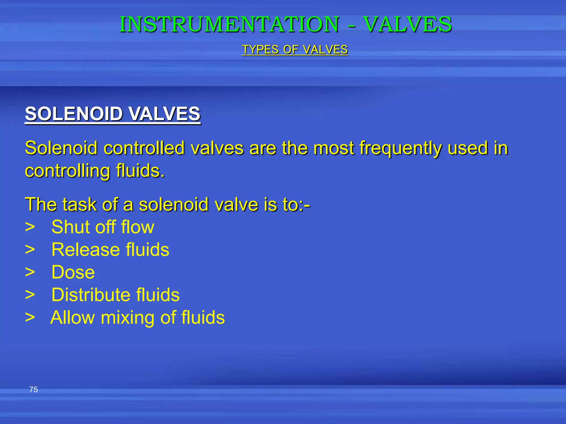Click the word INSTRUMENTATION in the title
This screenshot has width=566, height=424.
coord(229,24)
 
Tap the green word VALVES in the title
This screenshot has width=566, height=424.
coord(407,24)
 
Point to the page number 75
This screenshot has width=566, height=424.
coord(33,389)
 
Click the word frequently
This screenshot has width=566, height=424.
coord(400,148)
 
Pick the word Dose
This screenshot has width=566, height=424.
coord(73,272)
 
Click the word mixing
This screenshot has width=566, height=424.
coord(127,317)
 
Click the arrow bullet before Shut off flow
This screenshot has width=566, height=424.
coord(30,227)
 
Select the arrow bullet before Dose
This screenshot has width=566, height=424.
coord(30,272)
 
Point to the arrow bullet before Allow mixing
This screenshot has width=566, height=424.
coord(30,318)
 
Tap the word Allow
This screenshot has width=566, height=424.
coord(73,317)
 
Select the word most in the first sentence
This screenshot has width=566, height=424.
coord(333,148)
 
